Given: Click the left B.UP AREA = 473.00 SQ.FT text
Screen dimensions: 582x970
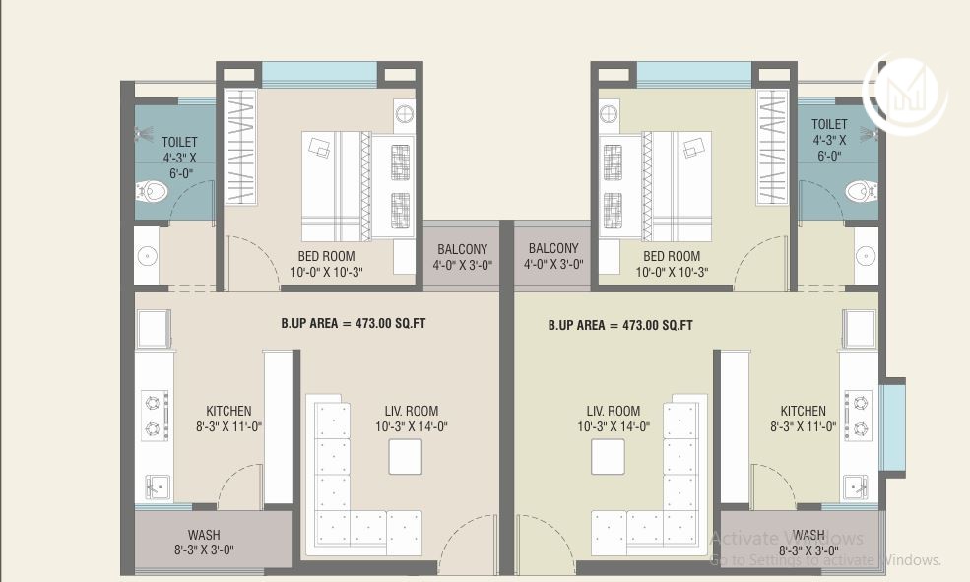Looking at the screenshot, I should pyautogui.click(x=353, y=323).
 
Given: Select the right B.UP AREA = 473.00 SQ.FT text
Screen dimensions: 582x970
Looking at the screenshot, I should pyautogui.click(x=620, y=325).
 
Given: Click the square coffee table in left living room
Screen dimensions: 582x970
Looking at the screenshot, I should pyautogui.click(x=405, y=457).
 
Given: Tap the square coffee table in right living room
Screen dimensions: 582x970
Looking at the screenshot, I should pyautogui.click(x=608, y=457).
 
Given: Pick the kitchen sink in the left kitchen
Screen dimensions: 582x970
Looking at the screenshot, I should pyautogui.click(x=157, y=485).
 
